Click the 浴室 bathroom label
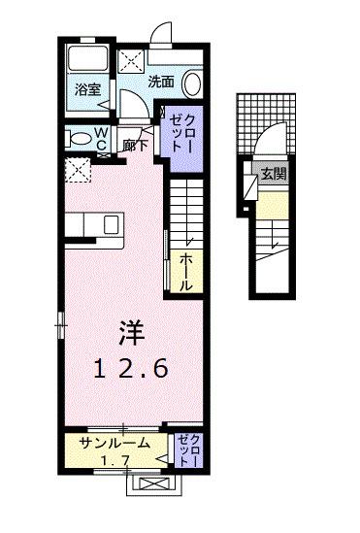88,89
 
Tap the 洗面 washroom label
161,83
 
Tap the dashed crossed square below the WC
77,169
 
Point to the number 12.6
132,369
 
